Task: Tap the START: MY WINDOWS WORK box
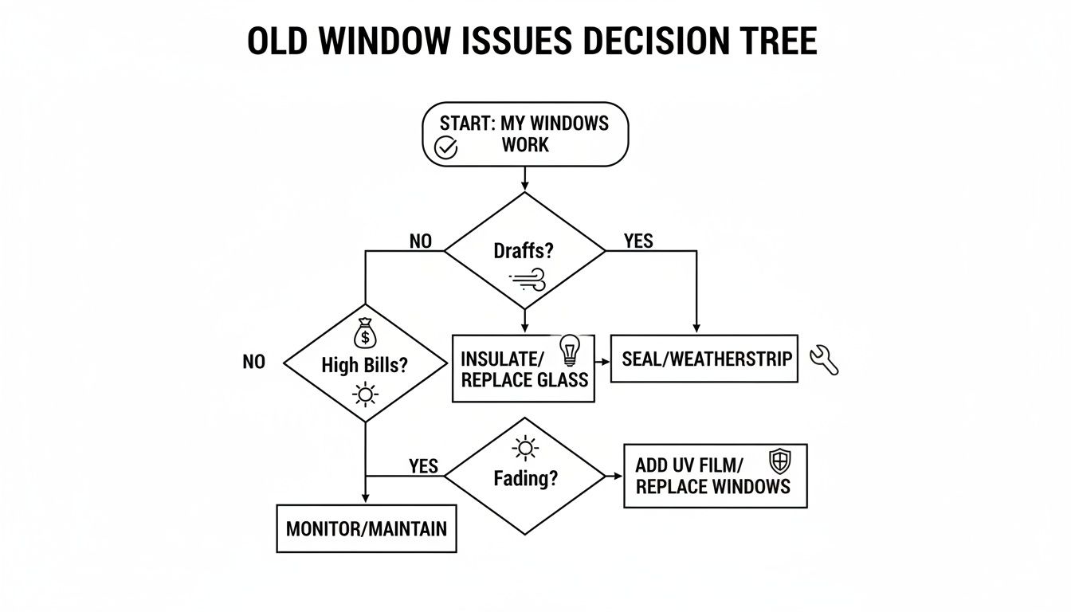[x=524, y=134]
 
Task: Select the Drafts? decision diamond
[x=524, y=250]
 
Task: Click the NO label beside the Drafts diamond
[x=420, y=241]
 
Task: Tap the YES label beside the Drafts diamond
[x=637, y=241]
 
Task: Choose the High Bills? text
[x=364, y=366]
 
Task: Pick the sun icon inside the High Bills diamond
[x=365, y=394]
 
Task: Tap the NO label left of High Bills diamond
[x=253, y=363]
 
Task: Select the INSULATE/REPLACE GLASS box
[x=523, y=368]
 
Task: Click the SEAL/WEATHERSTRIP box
[x=704, y=359]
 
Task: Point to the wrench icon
[x=824, y=360]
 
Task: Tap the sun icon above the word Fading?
[x=524, y=449]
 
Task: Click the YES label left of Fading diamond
[x=423, y=465]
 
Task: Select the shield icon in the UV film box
[x=779, y=461]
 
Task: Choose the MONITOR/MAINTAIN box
[x=366, y=528]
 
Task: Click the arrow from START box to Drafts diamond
[x=524, y=179]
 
